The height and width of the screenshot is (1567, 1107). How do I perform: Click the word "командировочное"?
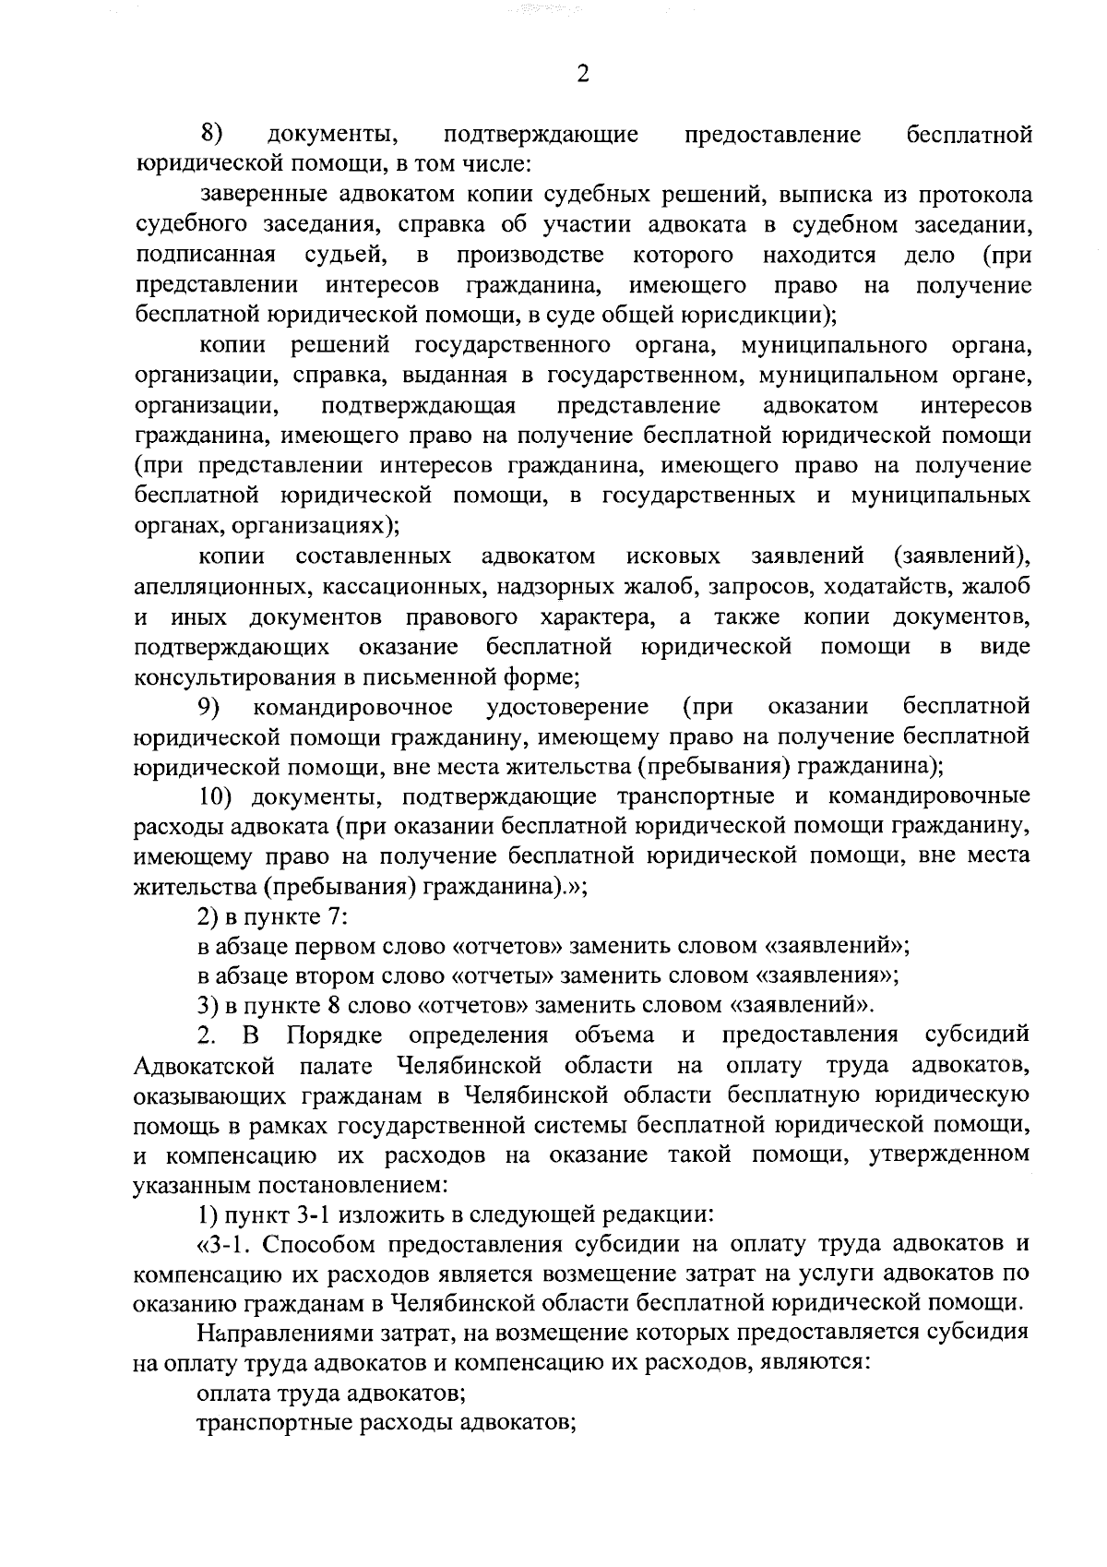353,707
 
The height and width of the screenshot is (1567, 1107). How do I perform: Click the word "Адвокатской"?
204,1067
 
